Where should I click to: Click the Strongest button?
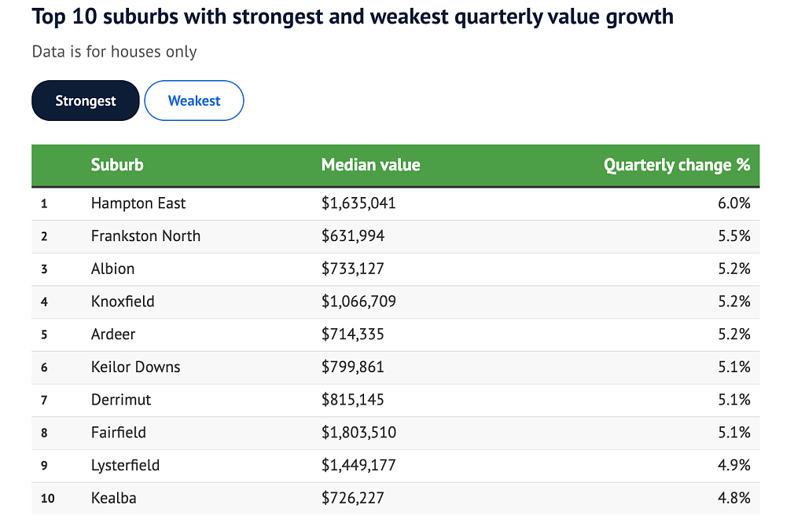[x=85, y=101]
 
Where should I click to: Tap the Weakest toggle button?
[x=194, y=101]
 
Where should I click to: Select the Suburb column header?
[x=117, y=165]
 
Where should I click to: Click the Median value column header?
[x=371, y=165]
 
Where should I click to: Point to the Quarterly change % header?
[x=677, y=165]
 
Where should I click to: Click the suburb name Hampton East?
[x=138, y=203]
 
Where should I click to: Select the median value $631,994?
[x=353, y=236]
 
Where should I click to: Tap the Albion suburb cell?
[x=113, y=269]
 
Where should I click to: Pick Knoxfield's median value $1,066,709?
[x=358, y=302]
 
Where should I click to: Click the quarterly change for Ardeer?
[x=734, y=335]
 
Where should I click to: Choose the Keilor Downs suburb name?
[x=135, y=368]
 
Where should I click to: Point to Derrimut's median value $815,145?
[x=353, y=400]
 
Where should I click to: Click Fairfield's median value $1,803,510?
[x=358, y=433]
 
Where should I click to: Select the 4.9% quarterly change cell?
[x=734, y=466]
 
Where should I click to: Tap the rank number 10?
[x=48, y=499]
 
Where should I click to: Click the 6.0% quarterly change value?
[x=734, y=203]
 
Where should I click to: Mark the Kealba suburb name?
[x=113, y=499]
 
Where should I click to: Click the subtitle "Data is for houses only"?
[x=115, y=52]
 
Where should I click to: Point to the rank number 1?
[x=44, y=203]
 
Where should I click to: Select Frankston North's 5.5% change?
[x=734, y=236]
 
